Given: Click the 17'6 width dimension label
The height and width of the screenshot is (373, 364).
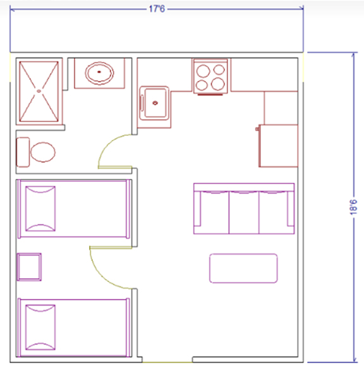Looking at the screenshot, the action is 157,9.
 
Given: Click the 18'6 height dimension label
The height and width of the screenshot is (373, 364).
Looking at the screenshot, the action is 353,207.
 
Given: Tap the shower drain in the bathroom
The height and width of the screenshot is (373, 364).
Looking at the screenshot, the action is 39,91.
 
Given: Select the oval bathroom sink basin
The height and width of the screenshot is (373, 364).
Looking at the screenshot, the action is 99,73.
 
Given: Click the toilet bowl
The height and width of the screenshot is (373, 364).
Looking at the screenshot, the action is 43,152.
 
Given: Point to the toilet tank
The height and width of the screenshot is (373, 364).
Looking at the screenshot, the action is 23,152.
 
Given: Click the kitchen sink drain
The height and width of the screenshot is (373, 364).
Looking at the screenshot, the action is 155,103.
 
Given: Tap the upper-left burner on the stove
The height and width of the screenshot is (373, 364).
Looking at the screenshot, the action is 203,71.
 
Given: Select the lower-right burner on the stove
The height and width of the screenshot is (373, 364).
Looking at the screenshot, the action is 218,84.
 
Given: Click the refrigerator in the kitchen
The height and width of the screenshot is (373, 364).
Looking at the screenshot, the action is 279,145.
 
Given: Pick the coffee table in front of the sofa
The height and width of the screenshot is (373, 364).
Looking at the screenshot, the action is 243,268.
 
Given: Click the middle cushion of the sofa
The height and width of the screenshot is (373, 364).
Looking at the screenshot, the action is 244,212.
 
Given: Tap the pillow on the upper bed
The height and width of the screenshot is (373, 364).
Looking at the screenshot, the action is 40,209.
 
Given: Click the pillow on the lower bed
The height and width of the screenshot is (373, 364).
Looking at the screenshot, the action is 40,327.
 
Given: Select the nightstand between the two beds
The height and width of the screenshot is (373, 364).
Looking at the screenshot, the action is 29,267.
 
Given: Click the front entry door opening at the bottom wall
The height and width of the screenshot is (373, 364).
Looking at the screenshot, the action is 167,362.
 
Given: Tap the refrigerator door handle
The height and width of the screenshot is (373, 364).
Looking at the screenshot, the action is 257,129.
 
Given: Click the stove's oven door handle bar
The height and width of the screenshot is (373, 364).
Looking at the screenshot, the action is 210,95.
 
